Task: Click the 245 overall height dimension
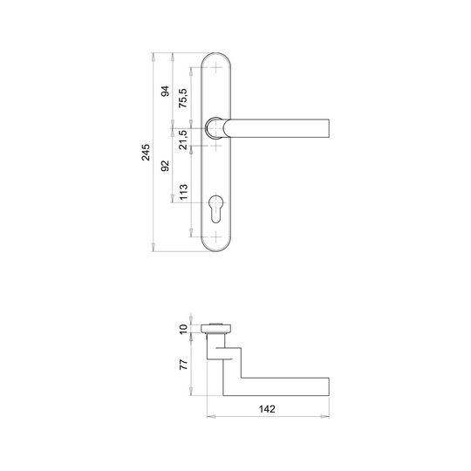pyautogui.click(x=146, y=153)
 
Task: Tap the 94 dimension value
pyautogui.click(x=165, y=91)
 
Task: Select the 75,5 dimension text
pyautogui.click(x=183, y=98)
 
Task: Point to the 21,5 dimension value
pyautogui.click(x=183, y=140)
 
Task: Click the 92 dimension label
pyautogui.click(x=165, y=166)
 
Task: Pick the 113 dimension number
pyautogui.click(x=183, y=192)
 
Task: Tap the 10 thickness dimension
pyautogui.click(x=183, y=329)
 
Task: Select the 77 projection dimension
pyautogui.click(x=183, y=364)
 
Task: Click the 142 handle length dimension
pyautogui.click(x=267, y=409)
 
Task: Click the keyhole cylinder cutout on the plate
pyautogui.click(x=215, y=209)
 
